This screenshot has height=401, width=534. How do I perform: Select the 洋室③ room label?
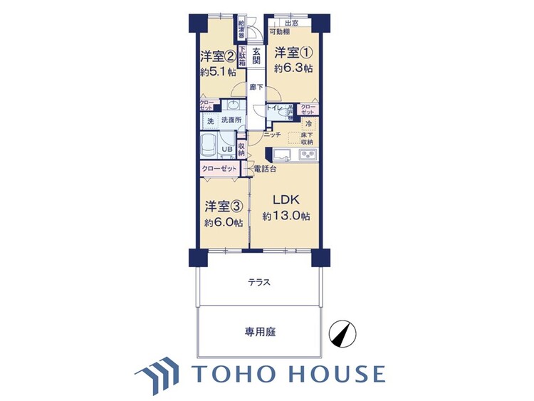pos(223,207)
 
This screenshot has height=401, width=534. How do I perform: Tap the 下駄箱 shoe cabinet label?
pos(242,56)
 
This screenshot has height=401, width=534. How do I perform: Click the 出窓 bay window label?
pos(290,23)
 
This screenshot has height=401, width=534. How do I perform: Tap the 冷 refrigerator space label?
pos(308,124)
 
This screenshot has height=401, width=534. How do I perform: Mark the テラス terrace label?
pos(258,282)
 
